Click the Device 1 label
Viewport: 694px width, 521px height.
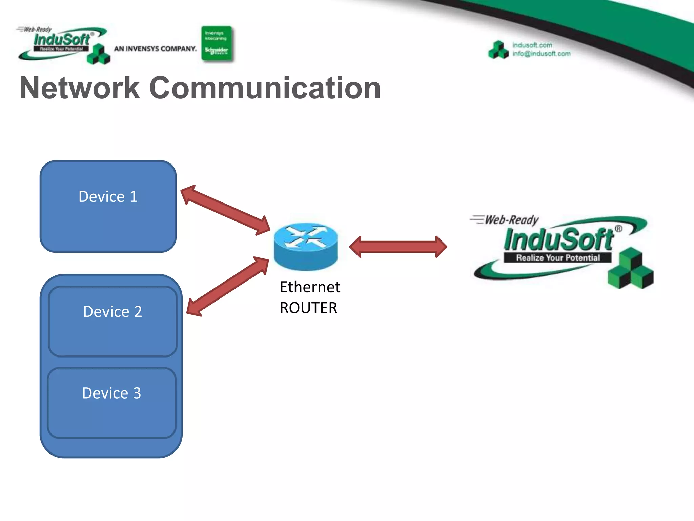coord(108,197)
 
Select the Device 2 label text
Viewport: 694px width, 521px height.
coord(113,312)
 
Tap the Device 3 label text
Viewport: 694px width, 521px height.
coord(111,393)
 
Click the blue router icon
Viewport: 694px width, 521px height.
coord(306,246)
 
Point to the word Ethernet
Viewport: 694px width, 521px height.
coord(310,287)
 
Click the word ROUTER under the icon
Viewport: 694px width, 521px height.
coord(308,308)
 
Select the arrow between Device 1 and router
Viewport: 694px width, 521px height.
coord(225,210)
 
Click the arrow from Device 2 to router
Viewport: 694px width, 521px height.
coord(228,287)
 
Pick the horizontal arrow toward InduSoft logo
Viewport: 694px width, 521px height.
coord(398,247)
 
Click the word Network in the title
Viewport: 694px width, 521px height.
coord(80,88)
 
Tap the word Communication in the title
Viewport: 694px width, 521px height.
coord(265,88)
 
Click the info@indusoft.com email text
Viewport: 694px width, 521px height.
coord(541,54)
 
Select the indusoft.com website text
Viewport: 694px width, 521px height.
coord(532,45)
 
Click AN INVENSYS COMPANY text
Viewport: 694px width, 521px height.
coord(155,49)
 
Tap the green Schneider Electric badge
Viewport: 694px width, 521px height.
coord(217,44)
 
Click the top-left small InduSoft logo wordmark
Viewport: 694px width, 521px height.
coord(62,40)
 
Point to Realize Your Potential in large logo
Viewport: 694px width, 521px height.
coord(558,258)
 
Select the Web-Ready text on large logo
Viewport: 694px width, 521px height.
coord(512,220)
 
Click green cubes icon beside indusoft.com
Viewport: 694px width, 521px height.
coord(498,50)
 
